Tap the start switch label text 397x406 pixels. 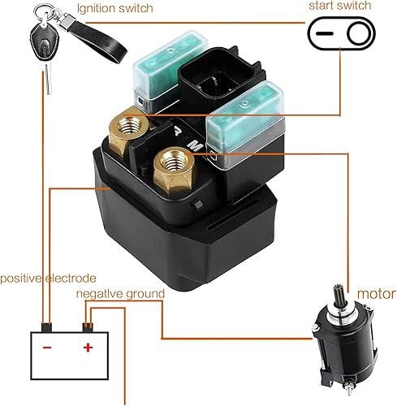[340, 6]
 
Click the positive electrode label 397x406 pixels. [48, 278]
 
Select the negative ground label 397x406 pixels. [120, 293]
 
